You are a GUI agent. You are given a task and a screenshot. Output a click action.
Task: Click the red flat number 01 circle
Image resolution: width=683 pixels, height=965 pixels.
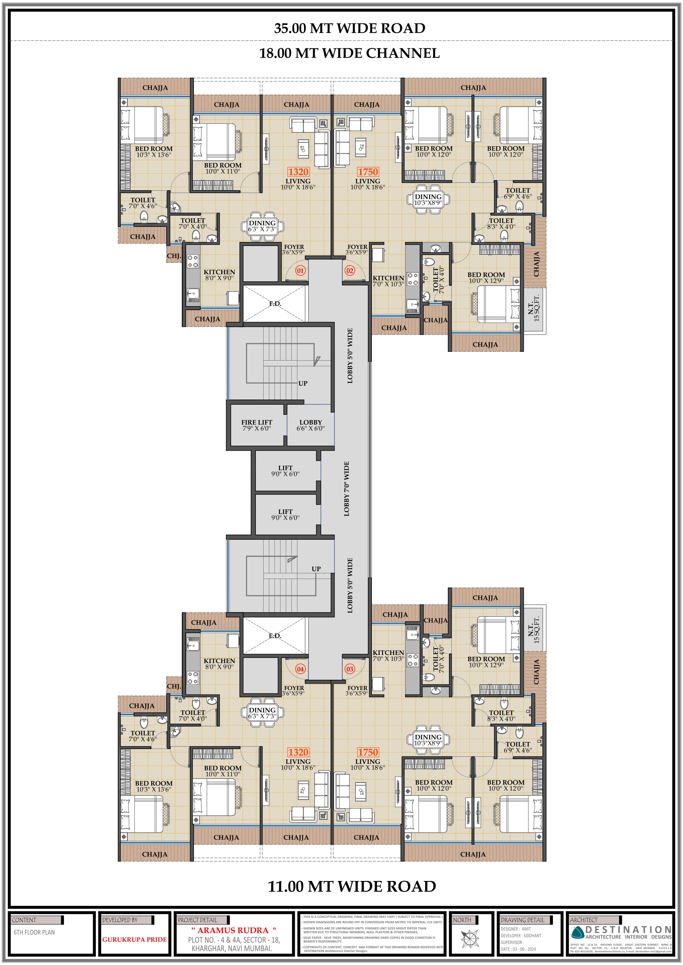coord(300,271)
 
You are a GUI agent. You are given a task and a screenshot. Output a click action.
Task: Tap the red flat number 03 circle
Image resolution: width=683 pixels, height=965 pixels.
coord(350,669)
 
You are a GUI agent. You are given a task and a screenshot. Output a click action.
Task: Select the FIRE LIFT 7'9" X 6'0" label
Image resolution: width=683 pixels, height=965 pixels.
coord(257,425)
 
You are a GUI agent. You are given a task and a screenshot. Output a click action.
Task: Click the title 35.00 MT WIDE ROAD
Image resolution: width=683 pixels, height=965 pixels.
coord(350,28)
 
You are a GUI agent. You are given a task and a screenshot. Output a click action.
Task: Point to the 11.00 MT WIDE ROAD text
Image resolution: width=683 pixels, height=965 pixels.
coord(352,886)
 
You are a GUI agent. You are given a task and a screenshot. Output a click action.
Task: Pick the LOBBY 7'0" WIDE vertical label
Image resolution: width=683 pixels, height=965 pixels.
coord(347,489)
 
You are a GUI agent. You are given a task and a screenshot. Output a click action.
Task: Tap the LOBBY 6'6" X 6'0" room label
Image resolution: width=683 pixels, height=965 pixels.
coord(310,425)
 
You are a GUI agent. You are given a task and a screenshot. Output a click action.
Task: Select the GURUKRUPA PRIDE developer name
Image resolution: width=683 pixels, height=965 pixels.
coord(134,939)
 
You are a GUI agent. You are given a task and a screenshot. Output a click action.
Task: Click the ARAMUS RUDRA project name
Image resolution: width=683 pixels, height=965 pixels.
coord(233,930)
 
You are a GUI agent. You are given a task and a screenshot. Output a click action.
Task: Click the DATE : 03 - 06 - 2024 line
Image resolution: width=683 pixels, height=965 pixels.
coord(518,949)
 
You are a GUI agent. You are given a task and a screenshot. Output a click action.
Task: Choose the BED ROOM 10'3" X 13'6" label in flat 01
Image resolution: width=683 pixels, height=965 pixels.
coord(153,152)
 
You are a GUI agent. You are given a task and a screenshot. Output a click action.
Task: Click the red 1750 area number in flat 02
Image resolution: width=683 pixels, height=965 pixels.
coord(368,172)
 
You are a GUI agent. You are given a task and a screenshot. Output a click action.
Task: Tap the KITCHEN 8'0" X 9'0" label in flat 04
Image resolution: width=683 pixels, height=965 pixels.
coord(219,664)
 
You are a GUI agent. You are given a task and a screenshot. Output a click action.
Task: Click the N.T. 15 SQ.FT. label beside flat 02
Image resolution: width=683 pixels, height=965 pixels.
coord(534,309)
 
